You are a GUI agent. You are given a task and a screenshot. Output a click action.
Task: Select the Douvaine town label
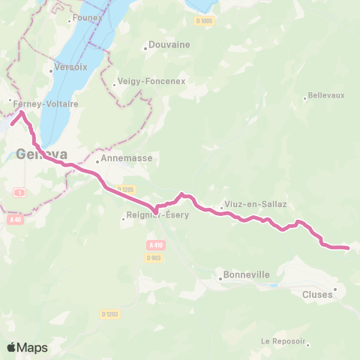coord(169,44)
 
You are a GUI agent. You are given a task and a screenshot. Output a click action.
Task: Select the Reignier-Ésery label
coord(157,217)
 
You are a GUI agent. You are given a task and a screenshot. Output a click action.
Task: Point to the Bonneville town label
coord(247,275)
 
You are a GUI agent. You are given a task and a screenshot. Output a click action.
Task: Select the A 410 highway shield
coord(155,245)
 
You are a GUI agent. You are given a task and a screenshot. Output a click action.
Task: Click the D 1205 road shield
coord(125,189)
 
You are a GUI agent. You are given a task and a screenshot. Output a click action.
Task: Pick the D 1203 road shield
coord(109,314)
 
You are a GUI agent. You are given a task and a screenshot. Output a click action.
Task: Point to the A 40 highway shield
coord(16,220)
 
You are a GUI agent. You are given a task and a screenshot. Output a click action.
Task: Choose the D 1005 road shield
coord(205,21)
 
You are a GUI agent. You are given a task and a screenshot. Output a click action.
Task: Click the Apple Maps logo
coord(27,347)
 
